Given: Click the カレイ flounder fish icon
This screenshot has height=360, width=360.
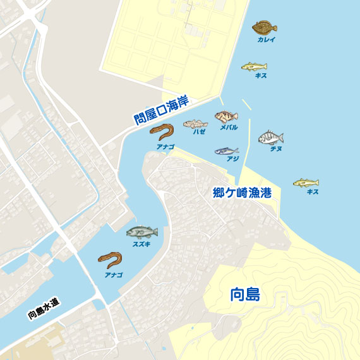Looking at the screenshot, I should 265,27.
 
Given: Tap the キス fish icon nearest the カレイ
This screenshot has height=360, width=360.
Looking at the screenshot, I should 254,66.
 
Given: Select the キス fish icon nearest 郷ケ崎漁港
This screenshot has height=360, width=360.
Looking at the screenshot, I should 306,183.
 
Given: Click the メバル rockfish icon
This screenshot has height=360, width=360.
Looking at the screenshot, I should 226,116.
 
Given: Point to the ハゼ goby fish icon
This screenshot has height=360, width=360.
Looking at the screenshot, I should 196,124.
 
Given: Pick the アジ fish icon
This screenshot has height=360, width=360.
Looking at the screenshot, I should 226,151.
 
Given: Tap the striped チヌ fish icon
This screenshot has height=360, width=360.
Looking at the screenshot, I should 271,138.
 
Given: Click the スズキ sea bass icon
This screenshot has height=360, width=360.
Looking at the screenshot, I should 141,232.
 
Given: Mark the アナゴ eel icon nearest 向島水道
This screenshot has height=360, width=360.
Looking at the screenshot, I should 110,260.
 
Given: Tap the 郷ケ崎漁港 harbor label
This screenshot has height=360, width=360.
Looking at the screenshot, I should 242,193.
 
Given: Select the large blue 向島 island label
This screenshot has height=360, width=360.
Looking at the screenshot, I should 245,294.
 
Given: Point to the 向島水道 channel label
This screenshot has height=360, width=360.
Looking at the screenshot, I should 44,308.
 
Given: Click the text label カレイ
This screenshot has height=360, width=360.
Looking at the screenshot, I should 266,39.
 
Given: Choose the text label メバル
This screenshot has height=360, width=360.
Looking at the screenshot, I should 229,128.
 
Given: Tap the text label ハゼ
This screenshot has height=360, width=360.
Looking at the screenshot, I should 200,132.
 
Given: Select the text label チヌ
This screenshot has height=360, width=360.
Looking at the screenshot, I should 276,149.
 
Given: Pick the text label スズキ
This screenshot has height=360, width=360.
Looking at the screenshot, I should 141,244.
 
